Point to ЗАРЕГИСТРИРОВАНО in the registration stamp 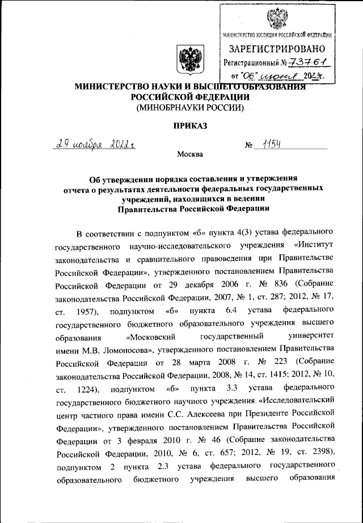pyautogui.click(x=276, y=48)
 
